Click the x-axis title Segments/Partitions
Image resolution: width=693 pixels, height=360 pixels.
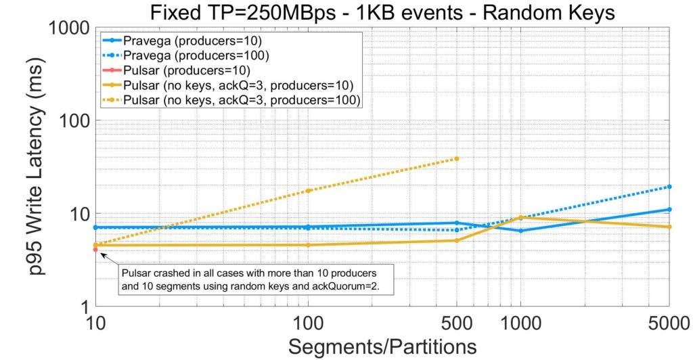pos(382,346)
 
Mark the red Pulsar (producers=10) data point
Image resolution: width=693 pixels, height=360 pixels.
pos(95,250)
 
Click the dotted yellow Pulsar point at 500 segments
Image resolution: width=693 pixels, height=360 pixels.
pos(457,158)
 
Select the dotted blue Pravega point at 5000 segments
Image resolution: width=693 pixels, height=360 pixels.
pos(669,187)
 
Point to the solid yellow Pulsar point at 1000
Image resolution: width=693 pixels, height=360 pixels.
pos(520,217)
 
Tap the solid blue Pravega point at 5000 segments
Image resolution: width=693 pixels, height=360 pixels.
pos(669,210)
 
